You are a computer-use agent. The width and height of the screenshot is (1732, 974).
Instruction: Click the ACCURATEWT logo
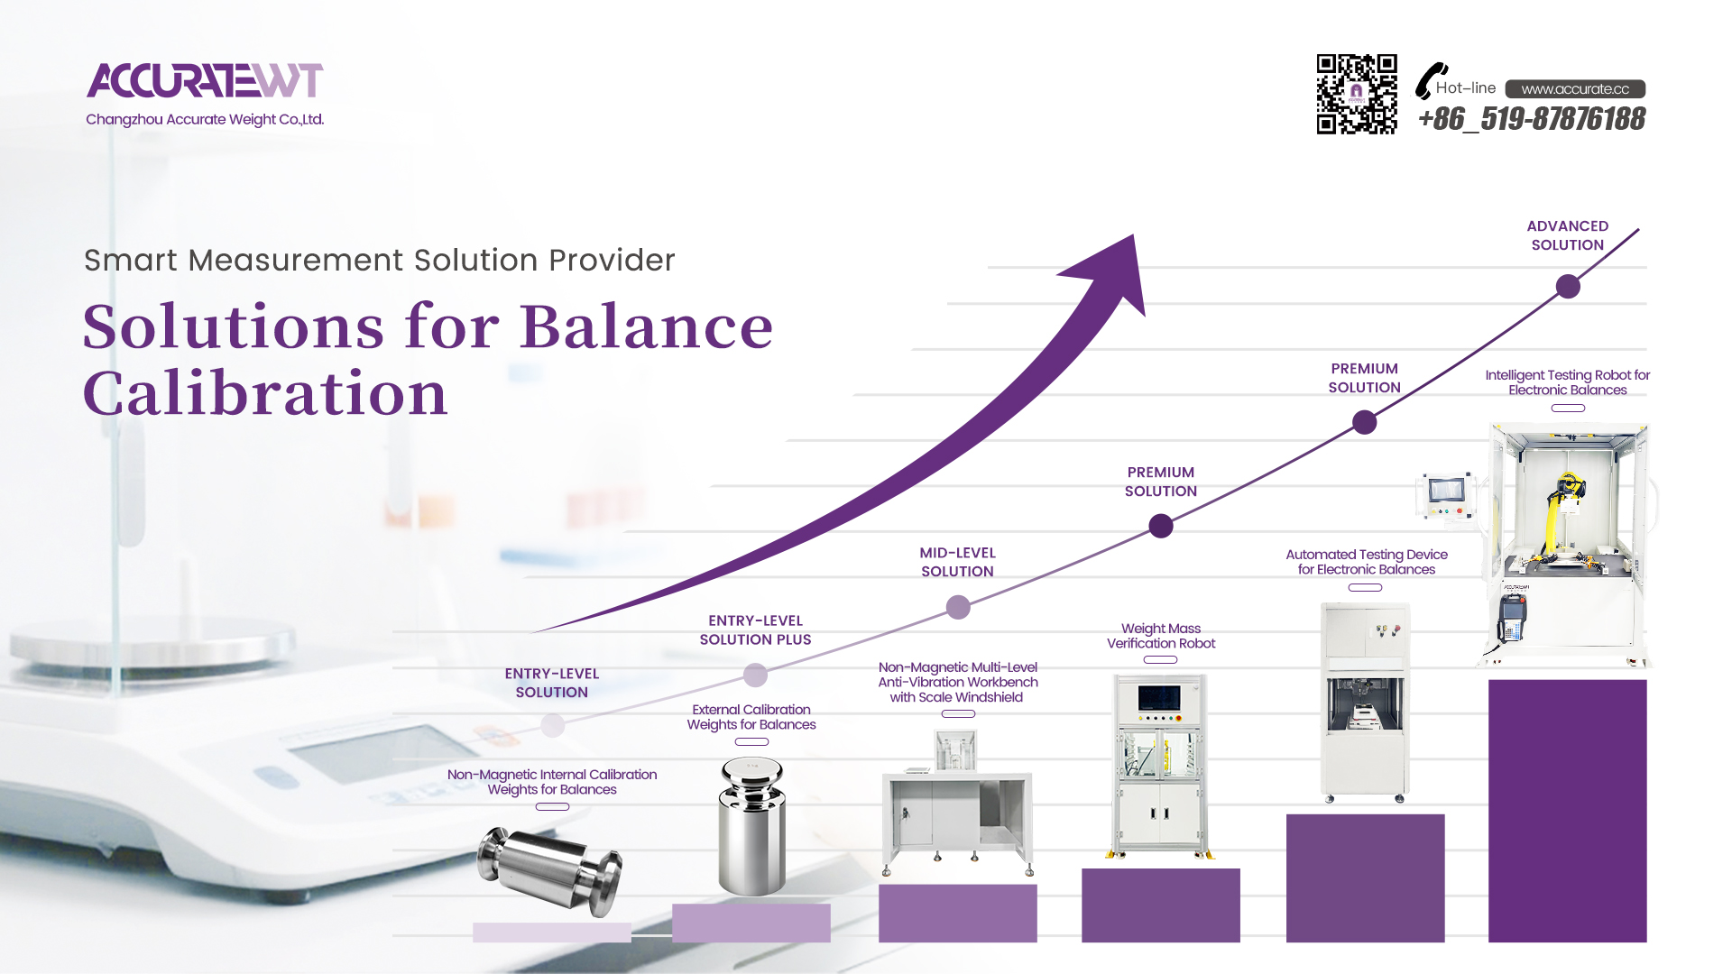coord(205,80)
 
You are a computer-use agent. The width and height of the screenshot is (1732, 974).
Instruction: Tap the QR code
coord(1357,94)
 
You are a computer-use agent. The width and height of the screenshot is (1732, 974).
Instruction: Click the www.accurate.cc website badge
coord(1575,88)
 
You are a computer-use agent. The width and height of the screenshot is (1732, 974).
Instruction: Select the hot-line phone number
coord(1532,118)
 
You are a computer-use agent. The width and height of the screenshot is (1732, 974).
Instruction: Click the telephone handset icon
coord(1430,80)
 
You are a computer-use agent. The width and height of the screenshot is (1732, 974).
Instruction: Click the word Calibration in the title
coord(265,393)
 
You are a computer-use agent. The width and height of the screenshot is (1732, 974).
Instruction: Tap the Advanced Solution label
coord(1568,235)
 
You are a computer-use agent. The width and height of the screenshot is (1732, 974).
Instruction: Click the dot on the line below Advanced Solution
coord(1568,287)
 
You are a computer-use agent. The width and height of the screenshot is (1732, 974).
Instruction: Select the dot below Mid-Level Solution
coord(958,608)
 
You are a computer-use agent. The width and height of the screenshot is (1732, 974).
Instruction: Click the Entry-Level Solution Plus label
coord(755,630)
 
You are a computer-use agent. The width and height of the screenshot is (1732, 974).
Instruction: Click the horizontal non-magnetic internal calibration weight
coord(549,868)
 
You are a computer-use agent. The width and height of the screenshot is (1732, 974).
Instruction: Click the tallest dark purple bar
coord(1567,811)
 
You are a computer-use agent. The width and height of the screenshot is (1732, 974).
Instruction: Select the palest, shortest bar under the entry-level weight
coord(552,933)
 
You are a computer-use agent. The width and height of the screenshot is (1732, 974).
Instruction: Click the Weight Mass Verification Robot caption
coord(1161,636)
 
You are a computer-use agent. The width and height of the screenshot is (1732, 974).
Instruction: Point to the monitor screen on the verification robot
coord(1159,698)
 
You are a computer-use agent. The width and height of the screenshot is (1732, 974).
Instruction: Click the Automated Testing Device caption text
coord(1366,562)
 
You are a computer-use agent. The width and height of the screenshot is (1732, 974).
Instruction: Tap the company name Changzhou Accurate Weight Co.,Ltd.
coord(205,119)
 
